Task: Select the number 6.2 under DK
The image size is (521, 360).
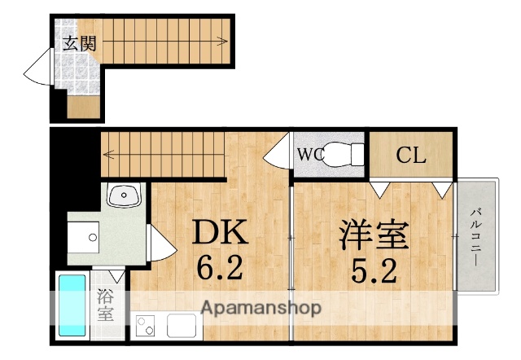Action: click(x=217, y=268)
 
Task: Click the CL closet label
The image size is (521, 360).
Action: click(x=411, y=156)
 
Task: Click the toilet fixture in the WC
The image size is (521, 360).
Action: click(x=343, y=154)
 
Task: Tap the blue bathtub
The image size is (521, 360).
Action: click(x=72, y=306)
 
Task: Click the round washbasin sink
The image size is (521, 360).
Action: click(x=125, y=195)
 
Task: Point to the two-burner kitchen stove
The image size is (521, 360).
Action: click(x=147, y=327)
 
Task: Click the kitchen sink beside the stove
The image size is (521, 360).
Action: click(x=181, y=326)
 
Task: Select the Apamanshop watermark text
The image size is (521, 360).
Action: click(x=260, y=309)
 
